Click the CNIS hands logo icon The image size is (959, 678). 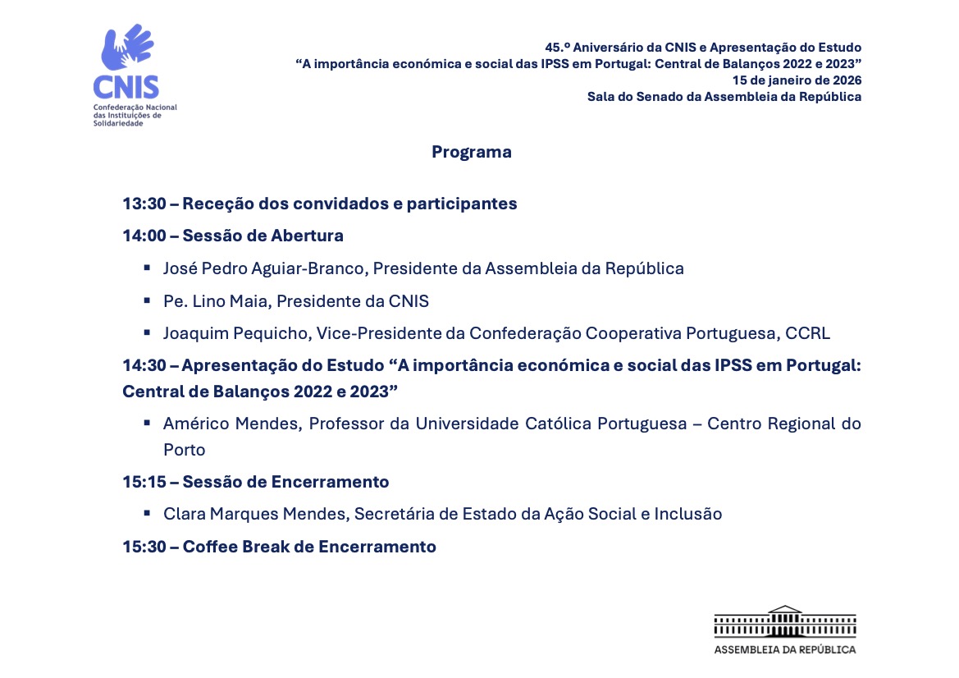point(126,48)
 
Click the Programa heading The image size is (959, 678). point(472,152)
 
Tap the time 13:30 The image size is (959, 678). point(144,204)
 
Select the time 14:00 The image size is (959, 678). point(144,236)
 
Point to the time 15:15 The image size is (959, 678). point(144,482)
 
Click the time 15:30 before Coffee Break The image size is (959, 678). point(144,547)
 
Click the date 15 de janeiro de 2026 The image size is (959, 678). point(797,80)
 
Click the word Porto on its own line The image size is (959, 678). point(184,450)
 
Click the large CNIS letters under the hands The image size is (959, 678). point(126,87)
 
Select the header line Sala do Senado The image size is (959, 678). point(724,97)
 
